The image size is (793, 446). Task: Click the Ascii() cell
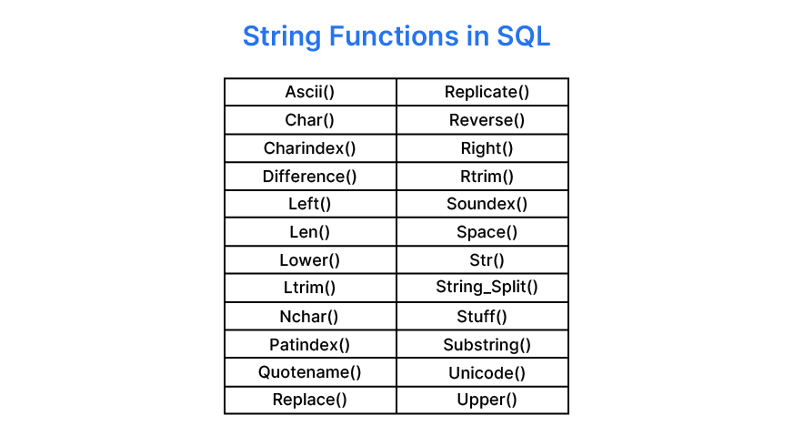[310, 92]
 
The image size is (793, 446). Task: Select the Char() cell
[310, 120]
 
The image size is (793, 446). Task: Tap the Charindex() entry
[310, 148]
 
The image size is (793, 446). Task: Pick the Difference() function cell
[310, 177]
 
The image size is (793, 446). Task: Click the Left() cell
[310, 204]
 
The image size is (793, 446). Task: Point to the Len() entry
[310, 232]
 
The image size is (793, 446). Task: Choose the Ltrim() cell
[310, 289]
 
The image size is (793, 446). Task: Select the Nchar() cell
[310, 317]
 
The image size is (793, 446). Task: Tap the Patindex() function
[310, 345]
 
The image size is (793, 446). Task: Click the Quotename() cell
[310, 372]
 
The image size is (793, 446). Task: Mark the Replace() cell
[310, 400]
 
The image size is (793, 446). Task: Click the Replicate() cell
[487, 92]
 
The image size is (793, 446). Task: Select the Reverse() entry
[487, 120]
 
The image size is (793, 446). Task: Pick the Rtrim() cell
[487, 177]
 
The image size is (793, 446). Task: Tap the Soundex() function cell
[487, 204]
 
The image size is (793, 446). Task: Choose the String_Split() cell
[487, 289]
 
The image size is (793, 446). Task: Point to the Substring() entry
[487, 345]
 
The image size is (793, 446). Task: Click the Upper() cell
[487, 400]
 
